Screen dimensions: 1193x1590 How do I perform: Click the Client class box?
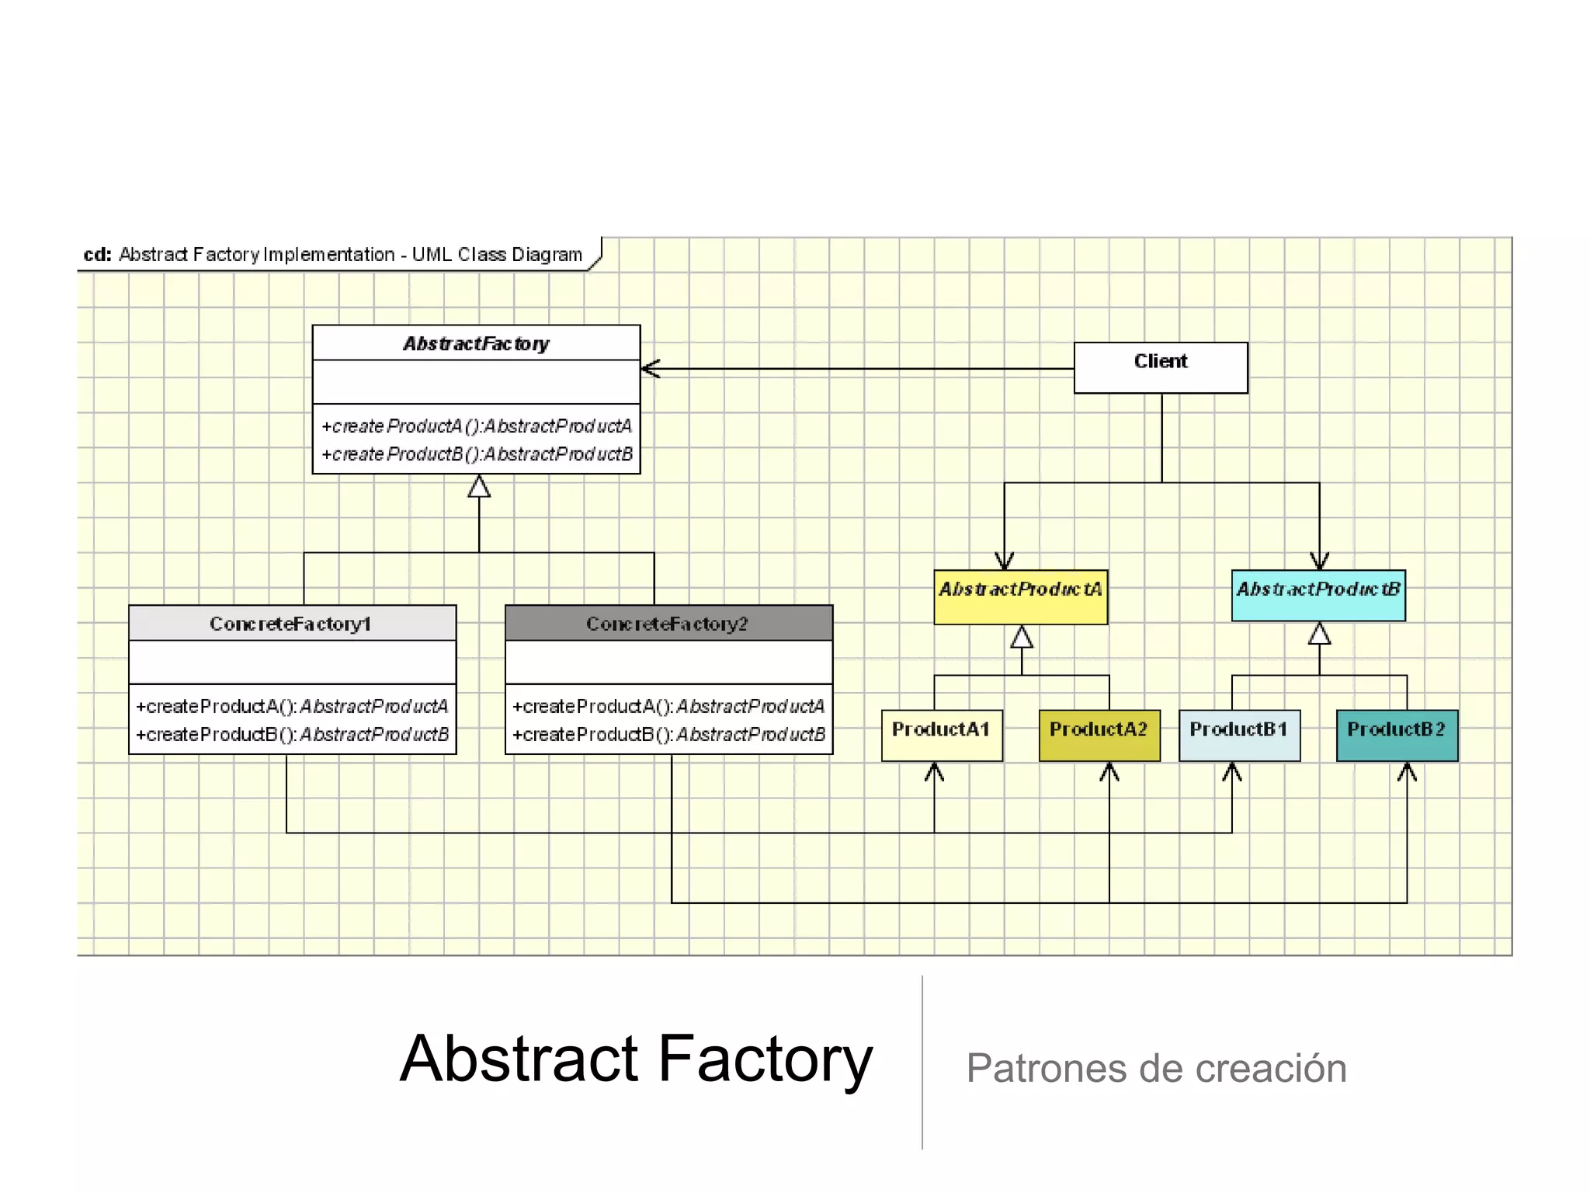(1160, 367)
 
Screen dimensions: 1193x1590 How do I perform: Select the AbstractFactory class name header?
(476, 343)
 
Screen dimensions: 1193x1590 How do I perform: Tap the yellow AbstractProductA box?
(1020, 596)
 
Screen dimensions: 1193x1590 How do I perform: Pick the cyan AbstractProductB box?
(1317, 595)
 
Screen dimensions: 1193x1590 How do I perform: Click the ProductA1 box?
(941, 735)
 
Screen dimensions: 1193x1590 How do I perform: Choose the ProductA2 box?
(1099, 735)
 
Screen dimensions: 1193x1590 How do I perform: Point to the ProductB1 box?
(1238, 735)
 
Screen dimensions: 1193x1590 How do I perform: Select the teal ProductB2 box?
(1396, 735)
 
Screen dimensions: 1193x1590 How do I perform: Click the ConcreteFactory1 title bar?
(292, 624)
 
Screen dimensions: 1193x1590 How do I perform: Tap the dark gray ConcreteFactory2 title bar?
(668, 624)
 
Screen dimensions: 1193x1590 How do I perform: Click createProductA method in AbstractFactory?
(477, 426)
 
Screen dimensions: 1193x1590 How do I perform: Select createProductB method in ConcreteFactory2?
(668, 735)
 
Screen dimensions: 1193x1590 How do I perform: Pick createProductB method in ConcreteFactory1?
(293, 735)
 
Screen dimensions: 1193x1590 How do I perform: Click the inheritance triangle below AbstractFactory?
(479, 487)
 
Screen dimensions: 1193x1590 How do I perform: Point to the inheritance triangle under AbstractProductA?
(1021, 638)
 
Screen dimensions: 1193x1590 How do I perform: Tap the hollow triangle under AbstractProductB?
(1319, 635)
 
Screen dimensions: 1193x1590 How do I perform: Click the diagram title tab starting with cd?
(334, 255)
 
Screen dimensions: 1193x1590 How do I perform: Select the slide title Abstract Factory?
(636, 1059)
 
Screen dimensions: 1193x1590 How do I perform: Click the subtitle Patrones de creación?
(1155, 1069)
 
